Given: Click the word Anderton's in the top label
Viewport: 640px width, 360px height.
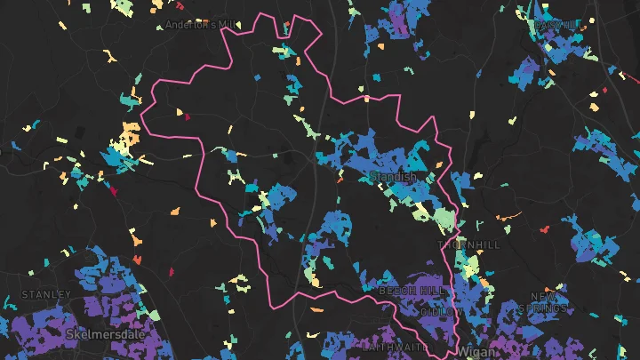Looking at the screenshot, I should [186, 25].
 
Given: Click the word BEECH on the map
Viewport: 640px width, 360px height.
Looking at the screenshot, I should [395, 291].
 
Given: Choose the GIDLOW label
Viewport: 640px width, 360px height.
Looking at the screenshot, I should [441, 313].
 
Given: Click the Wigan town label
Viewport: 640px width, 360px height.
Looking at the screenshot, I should [475, 352].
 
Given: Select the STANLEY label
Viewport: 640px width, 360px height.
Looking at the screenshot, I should [46, 294].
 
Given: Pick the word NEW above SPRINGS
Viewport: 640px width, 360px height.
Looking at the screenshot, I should [544, 296].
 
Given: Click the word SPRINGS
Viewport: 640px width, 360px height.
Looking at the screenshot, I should [544, 308].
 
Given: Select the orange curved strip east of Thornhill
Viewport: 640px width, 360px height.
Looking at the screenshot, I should [508, 216].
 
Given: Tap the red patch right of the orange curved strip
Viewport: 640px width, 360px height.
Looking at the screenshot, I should [544, 229].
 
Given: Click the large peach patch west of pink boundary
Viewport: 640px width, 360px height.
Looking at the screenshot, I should [130, 135].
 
